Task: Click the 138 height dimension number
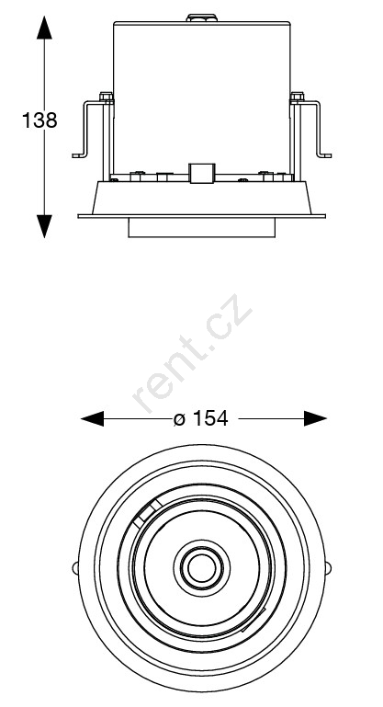(39, 120)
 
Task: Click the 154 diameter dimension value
(210, 418)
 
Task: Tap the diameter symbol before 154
(179, 419)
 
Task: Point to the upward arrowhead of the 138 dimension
(44, 28)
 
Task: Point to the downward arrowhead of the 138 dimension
(44, 226)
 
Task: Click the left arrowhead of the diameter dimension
(92, 418)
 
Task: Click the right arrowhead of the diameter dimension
(315, 418)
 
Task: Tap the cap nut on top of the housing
(201, 18)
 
